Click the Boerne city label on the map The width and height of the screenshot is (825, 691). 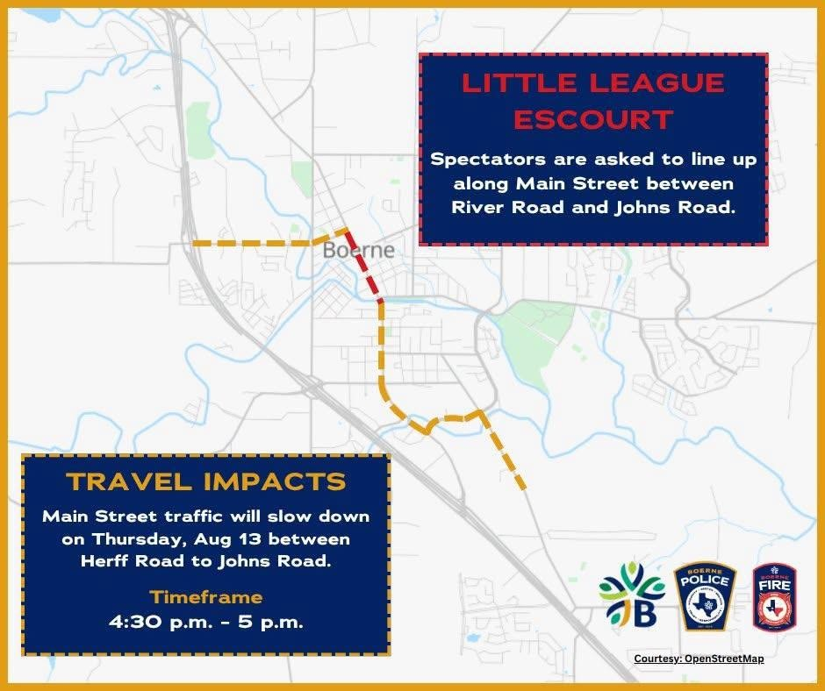[358, 250]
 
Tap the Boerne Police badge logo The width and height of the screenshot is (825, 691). [705, 598]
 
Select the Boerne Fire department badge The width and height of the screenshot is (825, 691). [775, 597]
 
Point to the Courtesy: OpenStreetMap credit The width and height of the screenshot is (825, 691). [699, 659]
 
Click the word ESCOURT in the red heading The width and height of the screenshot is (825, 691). [593, 119]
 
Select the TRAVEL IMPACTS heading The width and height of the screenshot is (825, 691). [207, 481]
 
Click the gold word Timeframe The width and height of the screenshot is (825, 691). [206, 597]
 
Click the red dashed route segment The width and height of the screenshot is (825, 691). [363, 266]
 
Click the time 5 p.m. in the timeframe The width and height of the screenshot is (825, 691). [270, 623]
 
